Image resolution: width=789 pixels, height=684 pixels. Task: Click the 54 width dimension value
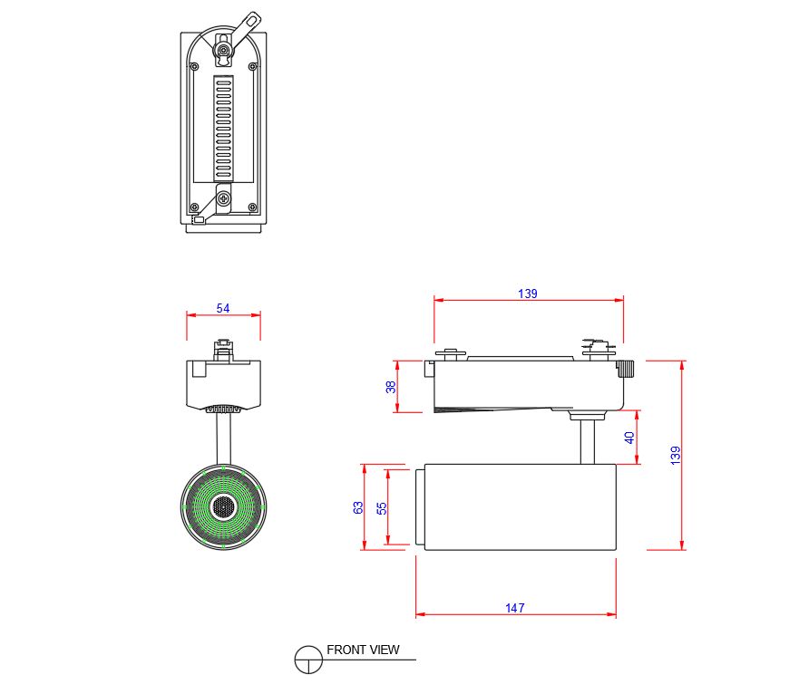[x=223, y=308]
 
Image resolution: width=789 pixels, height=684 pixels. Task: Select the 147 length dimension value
[x=515, y=608]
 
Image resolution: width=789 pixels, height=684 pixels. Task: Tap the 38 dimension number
[x=391, y=387]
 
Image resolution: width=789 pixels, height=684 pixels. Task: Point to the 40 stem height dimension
[x=629, y=438]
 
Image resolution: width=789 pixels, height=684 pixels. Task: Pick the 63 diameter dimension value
[x=357, y=507]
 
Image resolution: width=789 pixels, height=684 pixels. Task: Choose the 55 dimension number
[x=381, y=507]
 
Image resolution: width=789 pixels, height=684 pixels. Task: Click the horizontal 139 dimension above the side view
[x=528, y=294]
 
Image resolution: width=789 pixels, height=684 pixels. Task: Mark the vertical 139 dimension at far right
[x=675, y=455]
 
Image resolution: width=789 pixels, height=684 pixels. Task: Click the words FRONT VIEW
[x=363, y=650]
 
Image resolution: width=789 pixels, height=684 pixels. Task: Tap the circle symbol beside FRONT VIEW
[x=309, y=659]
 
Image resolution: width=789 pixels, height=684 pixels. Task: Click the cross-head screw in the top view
[x=225, y=198]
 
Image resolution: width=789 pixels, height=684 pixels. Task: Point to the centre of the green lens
[x=223, y=506]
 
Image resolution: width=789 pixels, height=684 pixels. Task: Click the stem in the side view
[x=587, y=440]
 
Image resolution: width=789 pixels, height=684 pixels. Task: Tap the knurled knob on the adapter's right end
[x=627, y=370]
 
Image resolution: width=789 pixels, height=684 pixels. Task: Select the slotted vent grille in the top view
[x=223, y=126]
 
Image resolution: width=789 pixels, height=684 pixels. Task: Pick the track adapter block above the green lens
[x=223, y=381]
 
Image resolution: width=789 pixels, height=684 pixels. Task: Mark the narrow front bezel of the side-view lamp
[x=420, y=507]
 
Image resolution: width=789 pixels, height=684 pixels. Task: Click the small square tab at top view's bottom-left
[x=198, y=219]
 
